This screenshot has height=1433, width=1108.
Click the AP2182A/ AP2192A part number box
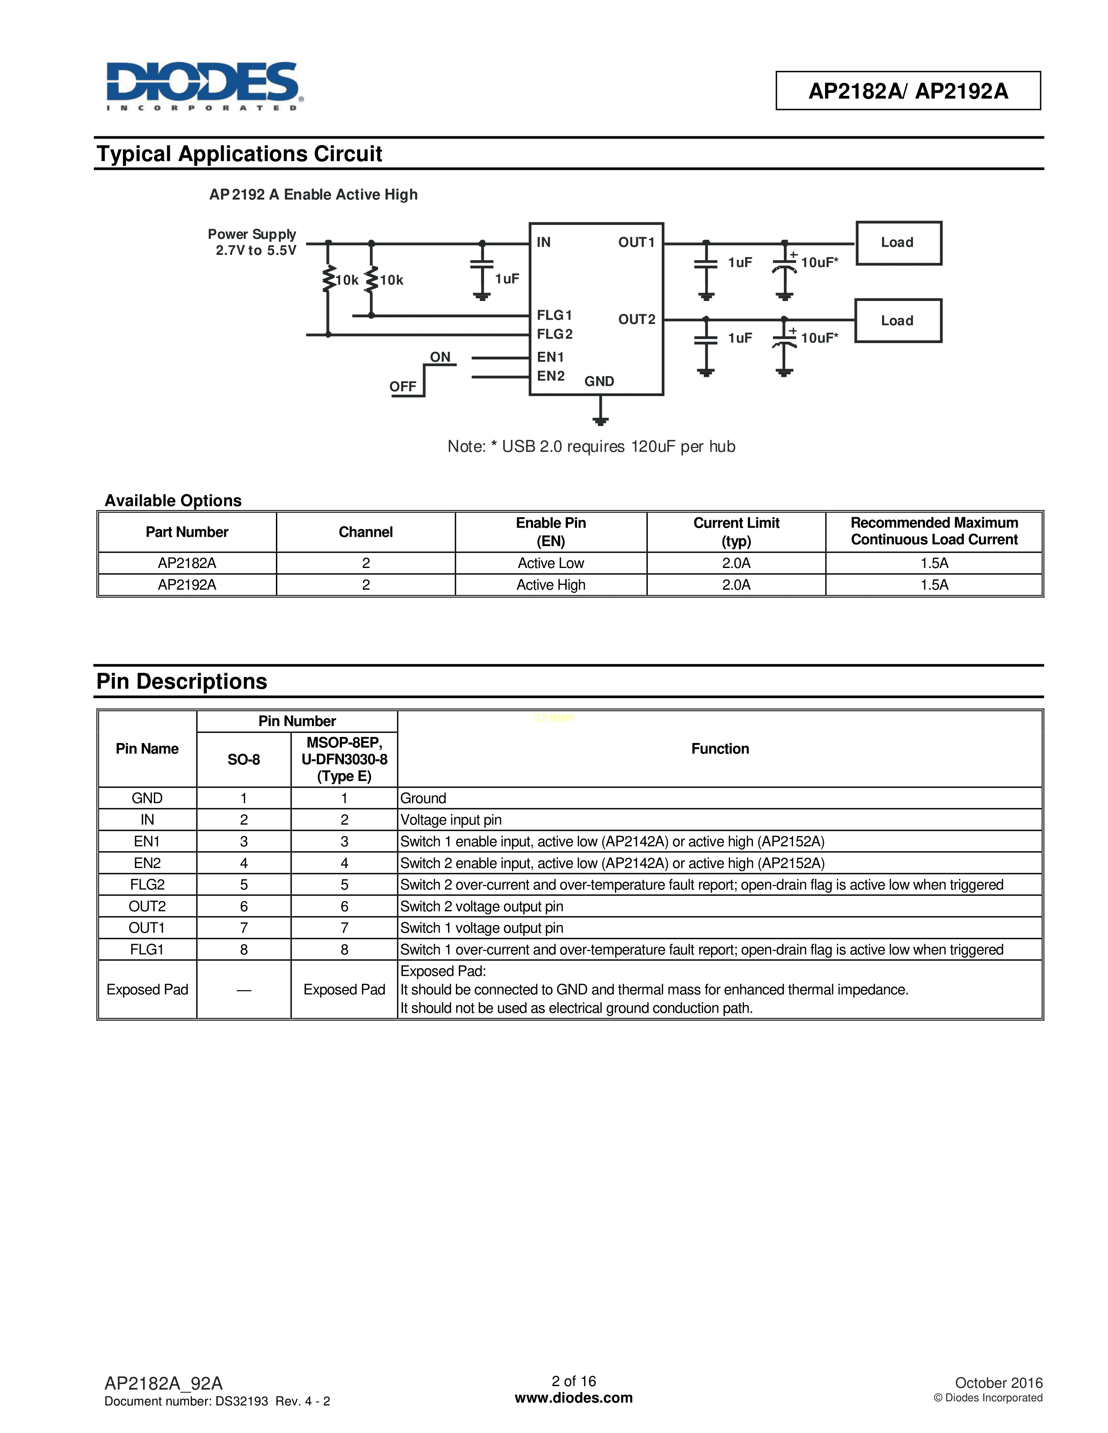[x=908, y=91]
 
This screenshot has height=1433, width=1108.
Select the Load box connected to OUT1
[x=898, y=243]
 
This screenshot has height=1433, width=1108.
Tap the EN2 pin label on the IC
[x=551, y=376]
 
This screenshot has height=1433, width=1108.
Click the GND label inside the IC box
[x=599, y=381]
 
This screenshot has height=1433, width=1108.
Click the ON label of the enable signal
[x=440, y=357]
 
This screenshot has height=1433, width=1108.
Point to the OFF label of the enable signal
[x=402, y=386]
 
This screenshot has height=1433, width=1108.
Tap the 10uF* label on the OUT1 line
[x=819, y=262]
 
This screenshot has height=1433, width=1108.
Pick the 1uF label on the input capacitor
[x=507, y=279]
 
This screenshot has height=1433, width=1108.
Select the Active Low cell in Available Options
[x=551, y=563]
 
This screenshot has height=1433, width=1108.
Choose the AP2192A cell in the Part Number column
[x=187, y=584]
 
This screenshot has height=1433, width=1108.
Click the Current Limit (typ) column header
[x=736, y=532]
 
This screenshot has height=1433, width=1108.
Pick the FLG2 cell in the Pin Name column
[x=147, y=885]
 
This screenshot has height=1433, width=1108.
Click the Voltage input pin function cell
[x=451, y=819]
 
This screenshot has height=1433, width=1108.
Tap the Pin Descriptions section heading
[x=182, y=682]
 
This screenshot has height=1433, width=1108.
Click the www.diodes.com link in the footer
[x=574, y=1397]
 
